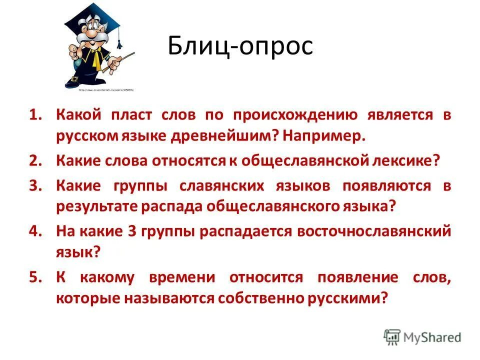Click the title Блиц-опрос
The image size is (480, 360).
click(240, 46)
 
